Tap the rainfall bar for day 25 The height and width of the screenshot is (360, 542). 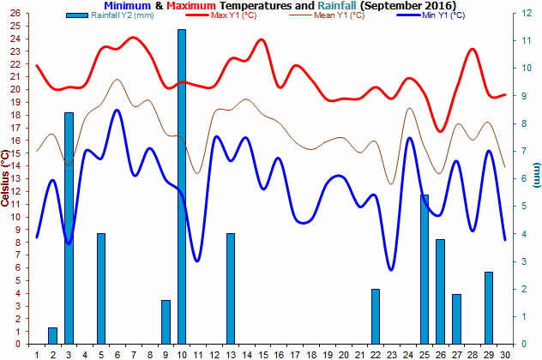[425, 270]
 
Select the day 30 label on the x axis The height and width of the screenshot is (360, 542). [505, 353]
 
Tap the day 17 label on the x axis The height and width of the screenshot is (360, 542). [295, 353]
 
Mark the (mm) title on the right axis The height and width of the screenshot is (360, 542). [536, 176]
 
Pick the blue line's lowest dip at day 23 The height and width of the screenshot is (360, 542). [392, 270]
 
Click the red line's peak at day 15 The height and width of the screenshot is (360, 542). [262, 39]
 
